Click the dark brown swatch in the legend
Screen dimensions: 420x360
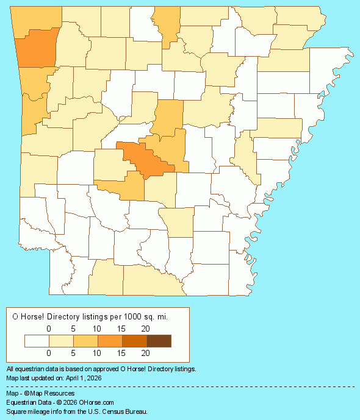(x=159, y=341)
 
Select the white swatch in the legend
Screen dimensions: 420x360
(x=37, y=341)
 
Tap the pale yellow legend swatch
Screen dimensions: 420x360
(x=61, y=341)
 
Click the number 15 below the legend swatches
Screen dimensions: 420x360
(x=121, y=353)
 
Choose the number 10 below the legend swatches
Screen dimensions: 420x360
(x=96, y=353)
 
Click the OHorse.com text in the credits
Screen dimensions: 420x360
(x=96, y=402)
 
